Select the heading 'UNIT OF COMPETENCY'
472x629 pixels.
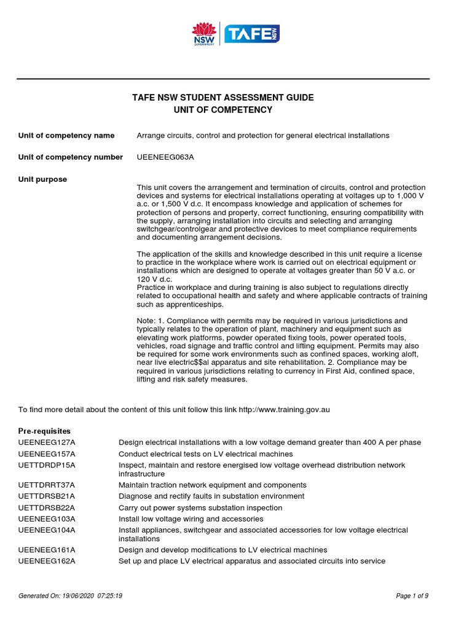223,110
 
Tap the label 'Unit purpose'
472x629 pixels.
43,179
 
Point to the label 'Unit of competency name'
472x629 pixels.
66,135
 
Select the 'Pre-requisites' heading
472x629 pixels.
45,431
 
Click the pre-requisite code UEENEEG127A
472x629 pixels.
47,443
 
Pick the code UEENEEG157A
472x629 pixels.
47,454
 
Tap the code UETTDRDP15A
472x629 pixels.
47,465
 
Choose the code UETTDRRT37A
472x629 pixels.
47,485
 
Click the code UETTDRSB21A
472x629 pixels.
47,496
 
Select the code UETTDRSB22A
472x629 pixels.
47,508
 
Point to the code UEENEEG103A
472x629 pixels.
47,519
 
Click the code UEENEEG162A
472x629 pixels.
47,561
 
